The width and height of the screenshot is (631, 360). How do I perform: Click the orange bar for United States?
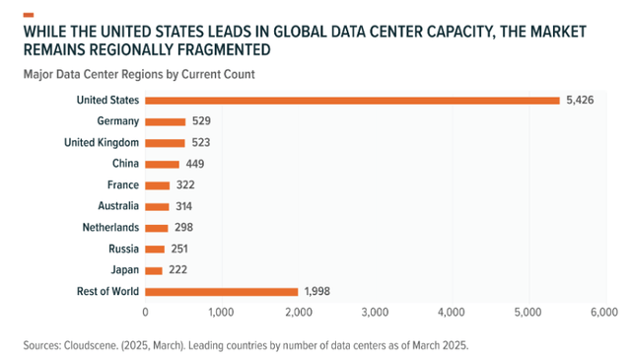click(352, 100)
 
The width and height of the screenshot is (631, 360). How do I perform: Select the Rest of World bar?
click(221, 291)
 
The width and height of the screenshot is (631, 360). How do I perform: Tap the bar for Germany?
click(165, 121)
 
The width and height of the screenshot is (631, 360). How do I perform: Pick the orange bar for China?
click(162, 164)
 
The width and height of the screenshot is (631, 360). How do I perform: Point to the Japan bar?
click(153, 270)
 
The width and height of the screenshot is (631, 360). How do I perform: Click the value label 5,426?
click(582, 100)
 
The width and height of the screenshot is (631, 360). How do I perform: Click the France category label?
click(121, 184)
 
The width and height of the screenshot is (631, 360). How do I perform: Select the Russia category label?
click(121, 249)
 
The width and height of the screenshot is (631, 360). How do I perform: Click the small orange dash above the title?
click(28, 14)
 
